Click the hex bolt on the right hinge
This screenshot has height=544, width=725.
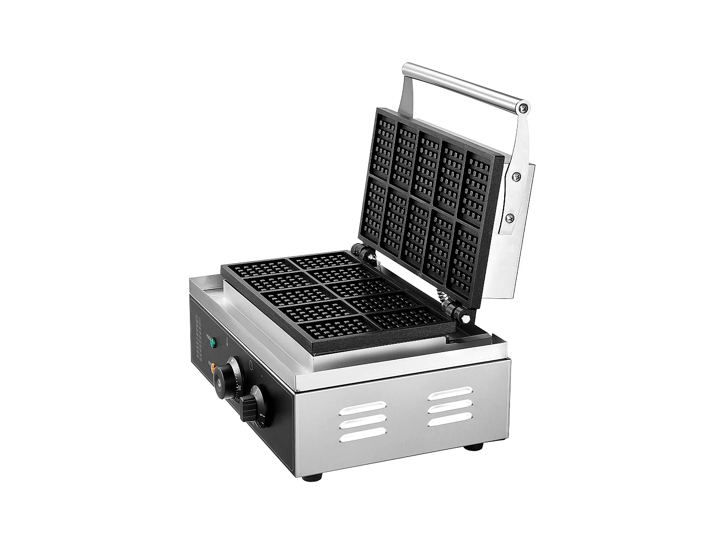coord(464,319)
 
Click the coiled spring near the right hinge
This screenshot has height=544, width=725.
coord(441,296)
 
